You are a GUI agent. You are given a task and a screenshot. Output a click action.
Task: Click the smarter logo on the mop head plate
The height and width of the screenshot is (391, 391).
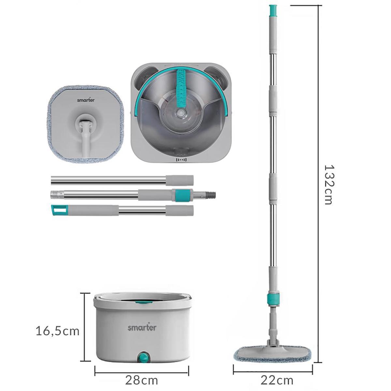pyautogui.click(x=86, y=100)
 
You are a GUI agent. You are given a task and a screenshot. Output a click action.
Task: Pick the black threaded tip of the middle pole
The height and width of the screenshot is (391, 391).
pyautogui.click(x=211, y=195)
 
